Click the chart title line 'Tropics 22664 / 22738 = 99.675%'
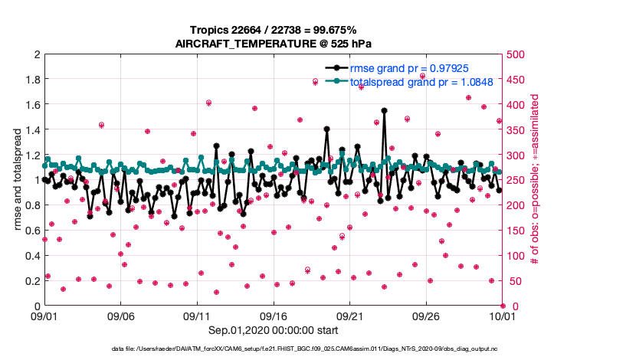pos(273,30)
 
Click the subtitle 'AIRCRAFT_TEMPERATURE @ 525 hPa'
pos(273,44)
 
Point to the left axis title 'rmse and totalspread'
pos(17,179)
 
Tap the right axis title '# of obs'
pos(535,179)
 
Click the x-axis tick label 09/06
pos(120,316)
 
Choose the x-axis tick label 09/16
pos(273,316)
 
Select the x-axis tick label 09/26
pos(425,316)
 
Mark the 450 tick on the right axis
pos(515,80)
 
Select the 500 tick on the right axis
pos(515,54)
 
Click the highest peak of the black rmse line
pos(384,110)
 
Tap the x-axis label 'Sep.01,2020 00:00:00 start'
pos(273,331)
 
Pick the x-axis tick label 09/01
pos(44,316)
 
